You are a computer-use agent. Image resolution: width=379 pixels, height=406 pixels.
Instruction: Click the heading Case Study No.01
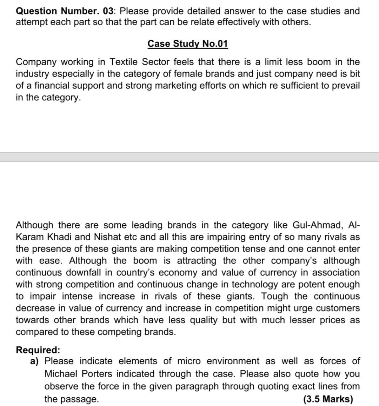coord(188,44)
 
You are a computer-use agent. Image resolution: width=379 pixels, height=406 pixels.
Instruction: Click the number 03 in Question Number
coord(109,11)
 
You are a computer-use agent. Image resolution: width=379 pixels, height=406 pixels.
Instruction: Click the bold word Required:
coord(38,350)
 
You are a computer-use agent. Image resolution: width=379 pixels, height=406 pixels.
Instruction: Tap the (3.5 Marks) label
coord(328,399)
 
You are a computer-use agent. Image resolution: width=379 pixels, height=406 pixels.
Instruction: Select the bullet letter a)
coord(34,361)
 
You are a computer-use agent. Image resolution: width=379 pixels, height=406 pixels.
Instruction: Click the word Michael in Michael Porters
coord(60,374)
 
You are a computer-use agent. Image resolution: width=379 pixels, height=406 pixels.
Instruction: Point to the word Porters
coord(95,374)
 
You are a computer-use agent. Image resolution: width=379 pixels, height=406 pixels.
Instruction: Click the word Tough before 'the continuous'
coord(275,296)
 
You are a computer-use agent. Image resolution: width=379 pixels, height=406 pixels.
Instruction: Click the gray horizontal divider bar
coord(189,157)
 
